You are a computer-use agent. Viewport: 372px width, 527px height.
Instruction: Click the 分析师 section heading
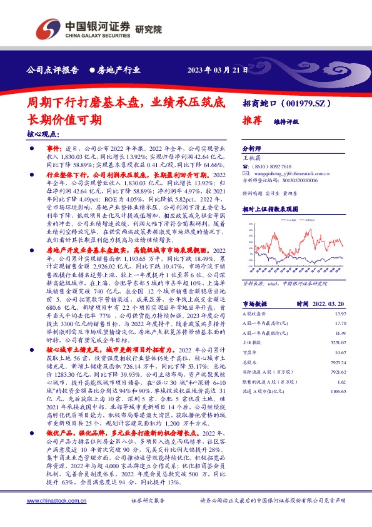click(x=253, y=148)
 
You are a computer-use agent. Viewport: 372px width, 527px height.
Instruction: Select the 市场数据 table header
click(x=255, y=302)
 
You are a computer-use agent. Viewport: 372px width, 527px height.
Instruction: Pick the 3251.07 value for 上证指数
click(x=338, y=342)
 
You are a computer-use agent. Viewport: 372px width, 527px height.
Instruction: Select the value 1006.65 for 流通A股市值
click(x=338, y=391)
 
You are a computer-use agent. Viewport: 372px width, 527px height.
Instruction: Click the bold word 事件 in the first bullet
click(x=54, y=147)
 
